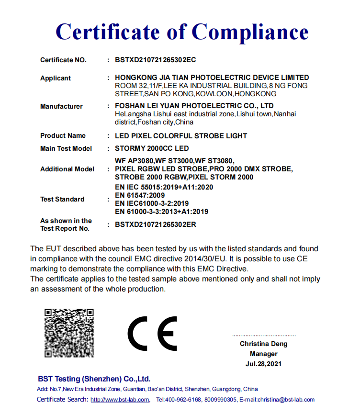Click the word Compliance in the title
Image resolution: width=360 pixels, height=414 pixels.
pos(250,32)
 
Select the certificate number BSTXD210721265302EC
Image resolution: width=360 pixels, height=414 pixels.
pos(156,60)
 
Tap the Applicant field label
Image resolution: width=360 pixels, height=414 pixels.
pos(56,78)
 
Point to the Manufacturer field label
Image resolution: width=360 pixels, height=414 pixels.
pos(61,106)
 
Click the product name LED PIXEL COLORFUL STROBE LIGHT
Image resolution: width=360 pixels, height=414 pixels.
pos(181,136)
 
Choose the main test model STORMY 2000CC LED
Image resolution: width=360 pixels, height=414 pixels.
pos(152,148)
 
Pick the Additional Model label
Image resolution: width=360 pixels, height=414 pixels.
pos(67,169)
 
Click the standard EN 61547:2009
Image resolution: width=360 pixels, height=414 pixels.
pos(140,195)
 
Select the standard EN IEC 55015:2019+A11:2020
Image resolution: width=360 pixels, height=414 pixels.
pos(164,187)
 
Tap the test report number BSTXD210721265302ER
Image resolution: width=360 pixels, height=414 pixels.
pos(156,224)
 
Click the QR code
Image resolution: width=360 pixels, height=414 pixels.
pos(69,333)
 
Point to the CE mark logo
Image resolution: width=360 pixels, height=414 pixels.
pos(152,333)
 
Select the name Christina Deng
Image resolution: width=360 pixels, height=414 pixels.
pos(263,344)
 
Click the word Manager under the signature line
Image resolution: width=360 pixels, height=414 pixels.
pos(263,354)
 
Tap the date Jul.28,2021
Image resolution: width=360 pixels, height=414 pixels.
pos(263,364)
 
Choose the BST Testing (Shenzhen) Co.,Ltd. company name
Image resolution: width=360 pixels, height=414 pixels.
pos(94,379)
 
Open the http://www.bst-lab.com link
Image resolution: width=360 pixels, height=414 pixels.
pos(120,400)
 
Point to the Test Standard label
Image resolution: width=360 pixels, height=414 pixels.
pos(62,199)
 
